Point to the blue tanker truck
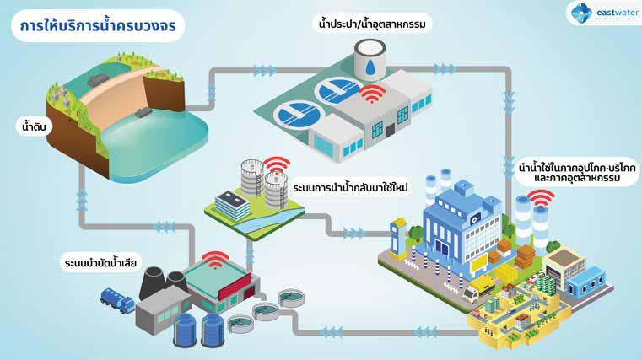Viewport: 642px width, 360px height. click(117, 298)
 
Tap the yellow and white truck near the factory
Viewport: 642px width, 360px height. click(473, 293)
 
